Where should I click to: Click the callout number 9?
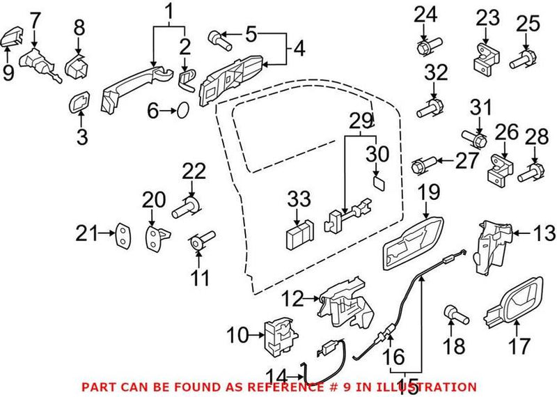tap(8, 72)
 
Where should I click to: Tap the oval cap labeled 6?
tap(180, 110)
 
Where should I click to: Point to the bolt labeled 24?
tap(425, 48)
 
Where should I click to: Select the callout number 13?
tap(545, 232)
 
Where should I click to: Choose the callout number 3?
tap(82, 138)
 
